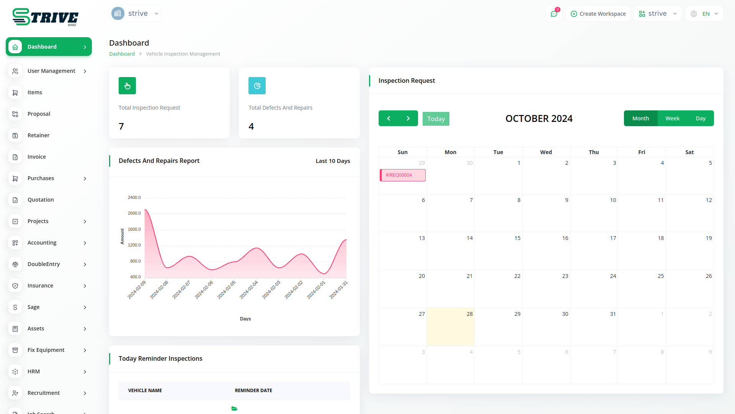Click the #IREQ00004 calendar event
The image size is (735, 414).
point(402,175)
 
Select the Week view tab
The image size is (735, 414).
point(672,118)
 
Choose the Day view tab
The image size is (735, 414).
point(701,118)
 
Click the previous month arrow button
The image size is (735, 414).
point(389,118)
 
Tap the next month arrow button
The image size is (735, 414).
point(408,118)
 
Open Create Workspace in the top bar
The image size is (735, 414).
point(598,14)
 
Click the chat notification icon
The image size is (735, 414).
point(554,14)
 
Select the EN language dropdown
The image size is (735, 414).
point(704,14)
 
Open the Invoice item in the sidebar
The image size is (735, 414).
point(37,157)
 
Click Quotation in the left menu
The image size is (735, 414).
point(41,200)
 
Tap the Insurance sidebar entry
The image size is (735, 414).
point(40,286)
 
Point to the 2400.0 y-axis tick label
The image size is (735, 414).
point(134,197)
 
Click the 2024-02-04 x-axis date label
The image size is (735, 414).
point(249,290)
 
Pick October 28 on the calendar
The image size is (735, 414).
point(451,327)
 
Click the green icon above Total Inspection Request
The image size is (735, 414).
point(127,86)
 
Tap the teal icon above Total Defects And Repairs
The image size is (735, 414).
point(257,86)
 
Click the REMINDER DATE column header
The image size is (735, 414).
point(253,391)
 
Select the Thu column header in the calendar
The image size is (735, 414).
point(594,152)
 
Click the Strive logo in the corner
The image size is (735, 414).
point(45,17)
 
